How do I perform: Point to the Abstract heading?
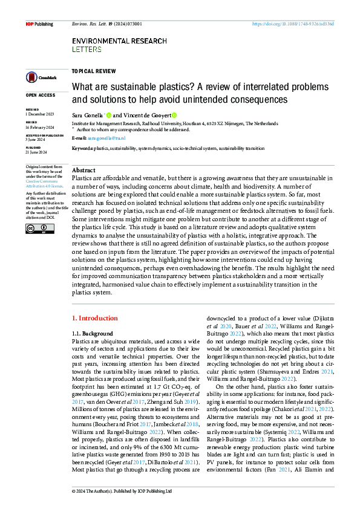83,171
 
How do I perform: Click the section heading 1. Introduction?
94,318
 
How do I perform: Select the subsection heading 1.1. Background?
92,334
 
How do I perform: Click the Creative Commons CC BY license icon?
31,228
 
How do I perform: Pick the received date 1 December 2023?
40,114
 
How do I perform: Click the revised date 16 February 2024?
40,128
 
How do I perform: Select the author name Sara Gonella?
87,115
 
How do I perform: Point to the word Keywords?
82,148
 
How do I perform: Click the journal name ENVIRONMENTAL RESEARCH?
119,41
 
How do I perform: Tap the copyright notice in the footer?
122,491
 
